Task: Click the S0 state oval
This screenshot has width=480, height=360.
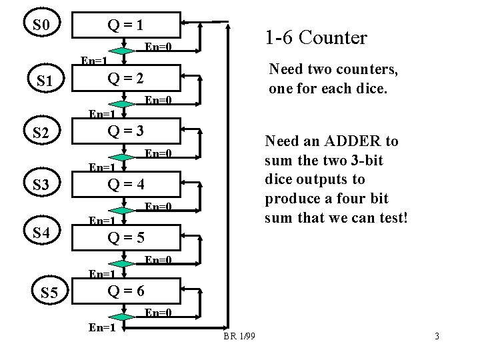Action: point(41,26)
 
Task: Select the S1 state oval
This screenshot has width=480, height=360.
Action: point(45,81)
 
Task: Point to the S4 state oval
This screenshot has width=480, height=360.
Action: point(41,233)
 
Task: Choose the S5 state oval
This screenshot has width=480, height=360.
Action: point(49,291)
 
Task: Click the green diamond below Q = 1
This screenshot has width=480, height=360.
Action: point(122,51)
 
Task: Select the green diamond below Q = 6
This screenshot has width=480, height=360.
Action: point(122,315)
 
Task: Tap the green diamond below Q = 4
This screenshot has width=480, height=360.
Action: point(122,209)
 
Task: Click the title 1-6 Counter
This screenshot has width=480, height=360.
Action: point(315,38)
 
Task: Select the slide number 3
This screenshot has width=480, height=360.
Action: point(437,336)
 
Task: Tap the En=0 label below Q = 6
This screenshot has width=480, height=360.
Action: point(159,312)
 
